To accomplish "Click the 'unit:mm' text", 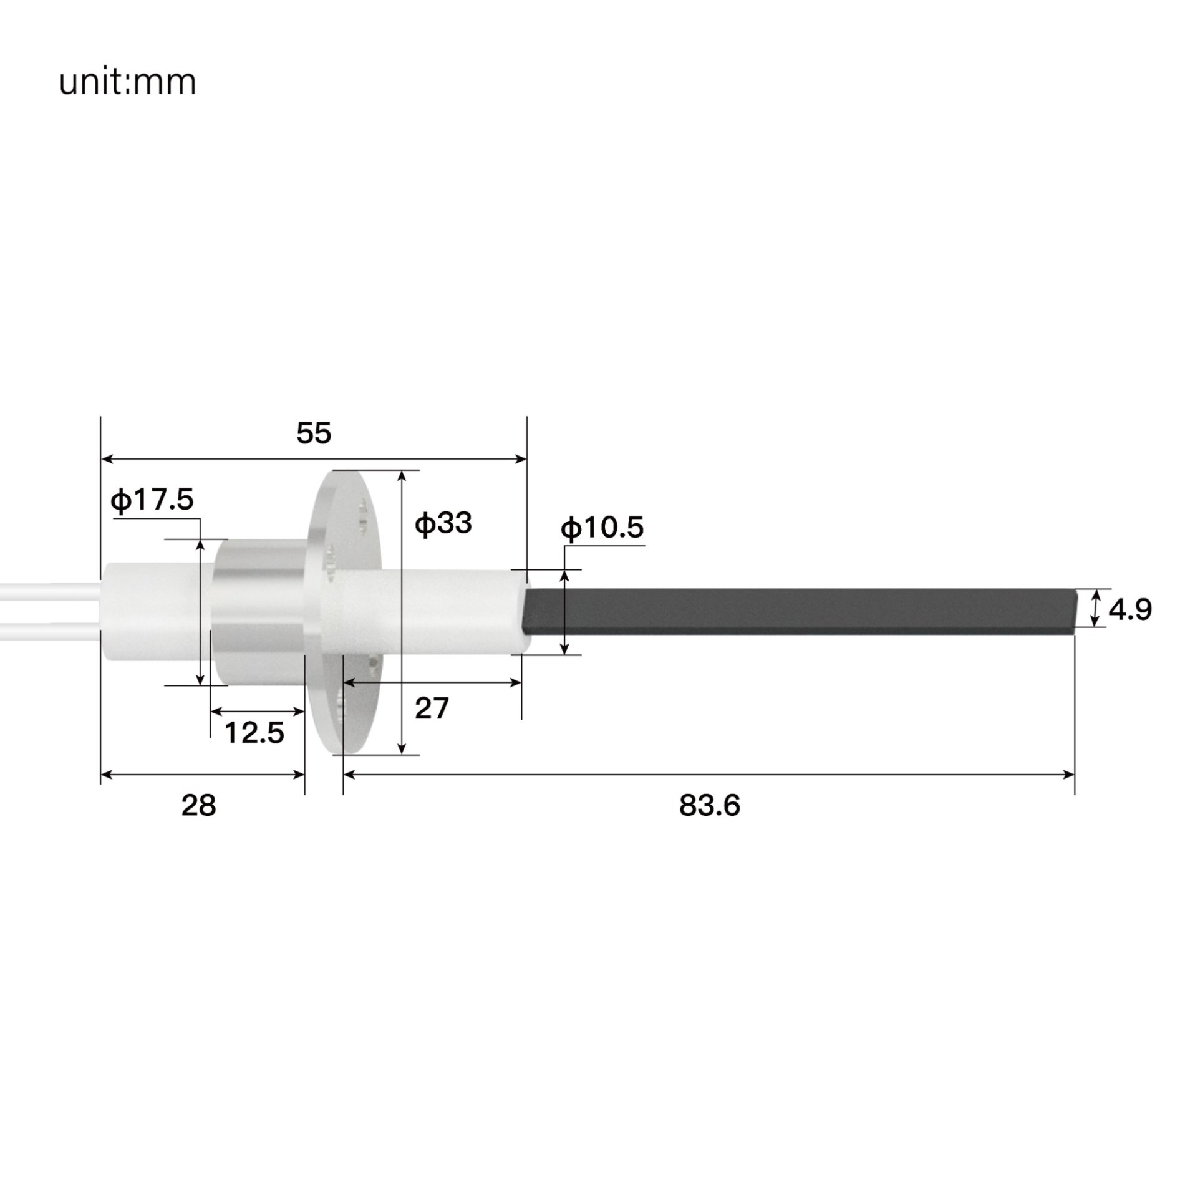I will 127,82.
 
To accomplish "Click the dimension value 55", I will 314,433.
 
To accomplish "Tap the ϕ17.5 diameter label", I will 152,500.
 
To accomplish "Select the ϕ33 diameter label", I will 443,523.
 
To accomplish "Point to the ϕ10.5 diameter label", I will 602,528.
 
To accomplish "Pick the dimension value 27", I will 432,709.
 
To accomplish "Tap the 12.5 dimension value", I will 254,733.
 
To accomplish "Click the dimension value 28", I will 198,806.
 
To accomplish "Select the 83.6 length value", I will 709,806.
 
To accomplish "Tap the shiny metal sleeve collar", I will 259,611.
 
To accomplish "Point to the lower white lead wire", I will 50,631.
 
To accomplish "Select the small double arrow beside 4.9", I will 1095,608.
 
